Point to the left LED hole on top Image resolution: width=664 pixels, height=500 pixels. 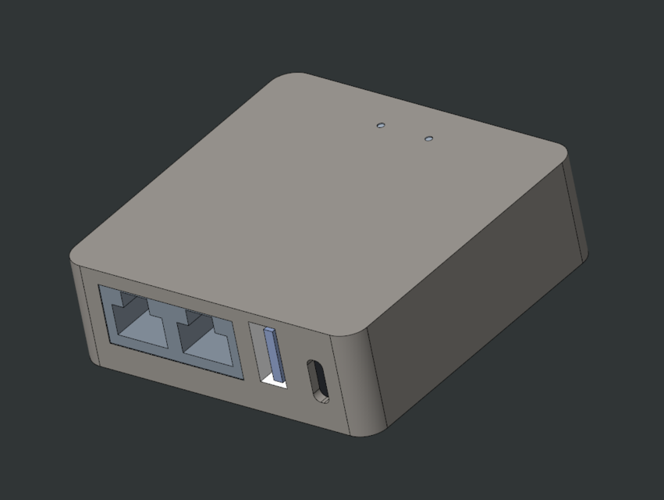(381, 124)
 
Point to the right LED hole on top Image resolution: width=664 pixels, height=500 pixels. (428, 139)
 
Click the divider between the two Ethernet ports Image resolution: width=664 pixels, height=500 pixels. (174, 332)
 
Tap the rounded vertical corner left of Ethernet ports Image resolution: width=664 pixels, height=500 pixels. (81, 312)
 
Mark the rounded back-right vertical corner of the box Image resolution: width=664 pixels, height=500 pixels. (577, 211)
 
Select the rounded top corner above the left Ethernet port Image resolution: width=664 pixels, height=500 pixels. (78, 255)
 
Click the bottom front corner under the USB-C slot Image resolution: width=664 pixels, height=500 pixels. (367, 431)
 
